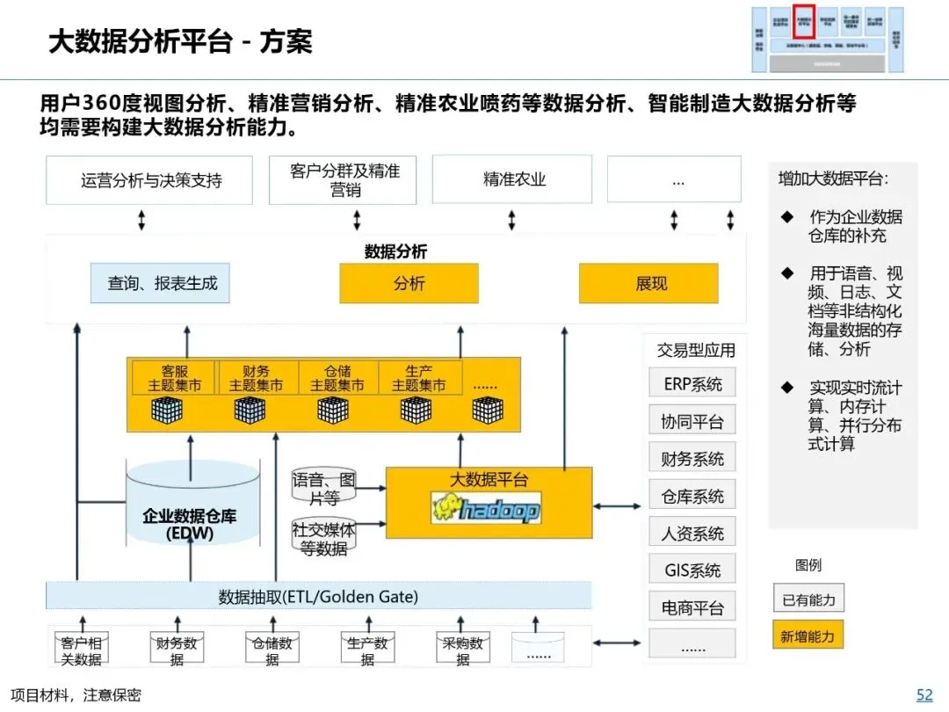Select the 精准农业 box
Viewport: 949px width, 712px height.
click(x=514, y=180)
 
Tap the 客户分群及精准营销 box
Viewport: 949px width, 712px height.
click(x=343, y=180)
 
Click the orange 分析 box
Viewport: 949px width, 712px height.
click(x=409, y=283)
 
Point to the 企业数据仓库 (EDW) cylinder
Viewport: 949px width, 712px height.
click(x=188, y=519)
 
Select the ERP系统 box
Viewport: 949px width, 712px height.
click(x=692, y=384)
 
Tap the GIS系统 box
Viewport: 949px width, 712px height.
click(x=692, y=570)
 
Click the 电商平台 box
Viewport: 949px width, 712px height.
click(x=692, y=607)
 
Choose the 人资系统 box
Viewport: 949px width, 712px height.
click(x=692, y=533)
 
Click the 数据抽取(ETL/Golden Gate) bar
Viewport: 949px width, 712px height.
click(x=318, y=597)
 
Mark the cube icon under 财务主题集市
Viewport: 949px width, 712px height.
click(x=250, y=410)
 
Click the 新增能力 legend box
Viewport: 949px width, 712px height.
click(x=808, y=636)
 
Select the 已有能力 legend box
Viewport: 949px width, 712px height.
click(x=808, y=600)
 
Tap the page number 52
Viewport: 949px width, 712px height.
click(x=924, y=694)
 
